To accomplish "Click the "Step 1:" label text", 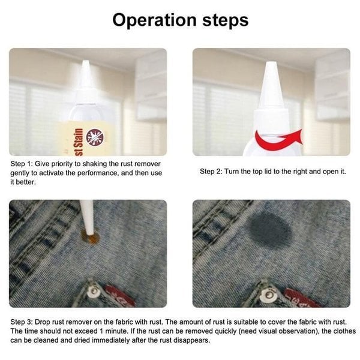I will click(x=23, y=163).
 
